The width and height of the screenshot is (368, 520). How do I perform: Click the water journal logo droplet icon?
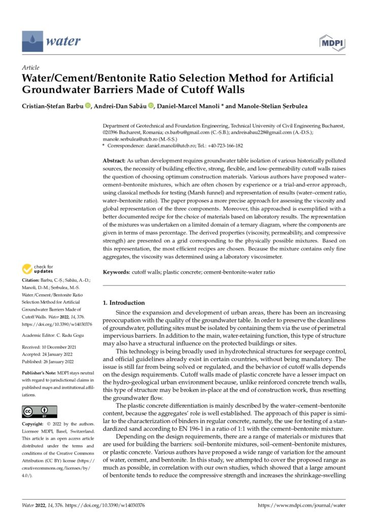point(31,39)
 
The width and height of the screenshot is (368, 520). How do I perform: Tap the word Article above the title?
point(30,68)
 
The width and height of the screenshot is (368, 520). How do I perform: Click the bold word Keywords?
point(117,272)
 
